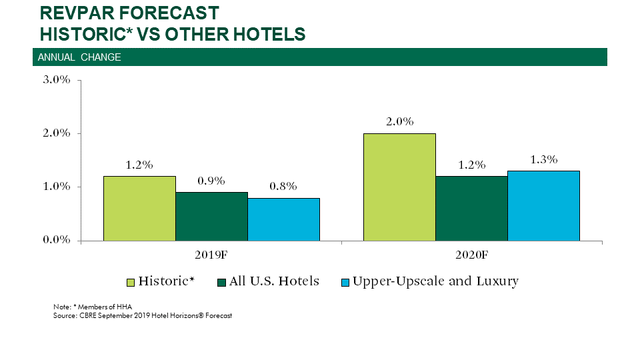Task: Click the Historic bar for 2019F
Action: click(x=139, y=208)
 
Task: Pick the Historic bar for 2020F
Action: click(x=399, y=187)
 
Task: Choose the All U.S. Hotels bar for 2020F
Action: click(x=471, y=208)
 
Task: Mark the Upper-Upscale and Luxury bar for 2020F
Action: click(x=543, y=205)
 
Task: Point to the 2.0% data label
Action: click(x=399, y=122)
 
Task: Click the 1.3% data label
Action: click(x=543, y=159)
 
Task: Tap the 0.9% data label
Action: click(x=211, y=181)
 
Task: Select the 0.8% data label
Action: click(x=283, y=186)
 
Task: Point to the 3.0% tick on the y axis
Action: click(x=57, y=80)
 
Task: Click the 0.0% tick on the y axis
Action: click(x=57, y=240)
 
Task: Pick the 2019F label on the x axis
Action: click(x=211, y=255)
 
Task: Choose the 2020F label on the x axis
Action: click(x=471, y=255)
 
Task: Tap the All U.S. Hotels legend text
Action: click(x=274, y=281)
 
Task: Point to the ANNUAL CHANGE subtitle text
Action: click(x=79, y=57)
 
